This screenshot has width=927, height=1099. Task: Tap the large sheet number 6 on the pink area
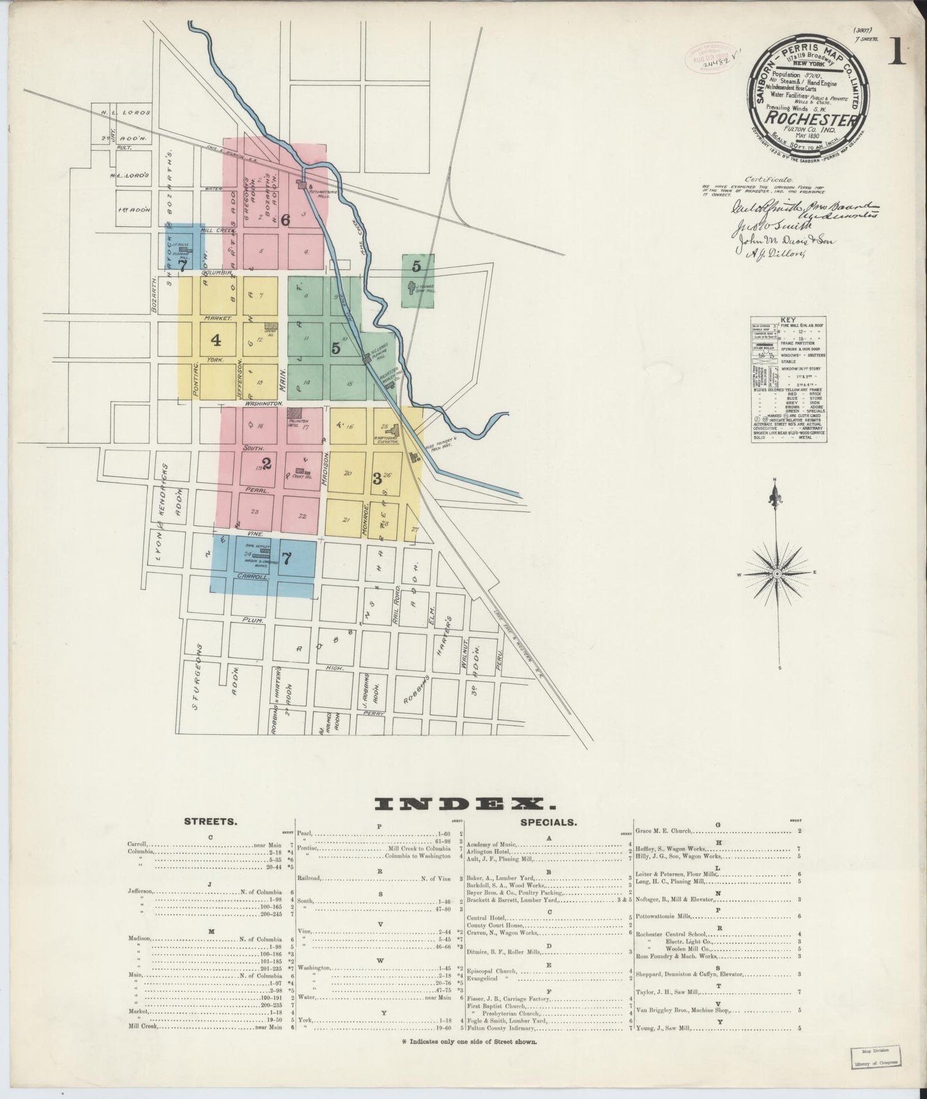click(285, 219)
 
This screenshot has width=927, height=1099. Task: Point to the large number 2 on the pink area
click(266, 464)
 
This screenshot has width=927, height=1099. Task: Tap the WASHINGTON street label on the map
click(262, 403)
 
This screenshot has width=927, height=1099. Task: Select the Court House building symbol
click(299, 471)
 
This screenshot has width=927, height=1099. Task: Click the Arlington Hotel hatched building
click(296, 414)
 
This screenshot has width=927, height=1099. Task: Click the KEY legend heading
click(788, 320)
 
